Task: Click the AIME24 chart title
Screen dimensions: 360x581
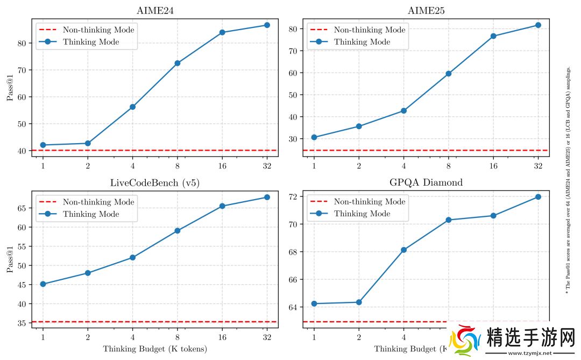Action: point(154,11)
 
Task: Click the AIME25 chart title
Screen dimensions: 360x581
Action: point(426,11)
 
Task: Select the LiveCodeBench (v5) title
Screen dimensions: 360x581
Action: point(154,182)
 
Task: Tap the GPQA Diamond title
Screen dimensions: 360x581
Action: point(426,182)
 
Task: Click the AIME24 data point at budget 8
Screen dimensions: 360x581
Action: point(177,63)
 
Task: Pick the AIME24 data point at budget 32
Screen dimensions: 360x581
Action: point(267,25)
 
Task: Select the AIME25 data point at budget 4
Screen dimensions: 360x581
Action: point(403,111)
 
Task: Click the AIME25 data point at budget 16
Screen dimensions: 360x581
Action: point(493,36)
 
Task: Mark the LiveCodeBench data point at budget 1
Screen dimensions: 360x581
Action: point(42,284)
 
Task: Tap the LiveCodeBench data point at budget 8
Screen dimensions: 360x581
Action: point(177,231)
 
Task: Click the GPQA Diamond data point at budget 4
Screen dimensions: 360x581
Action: point(403,250)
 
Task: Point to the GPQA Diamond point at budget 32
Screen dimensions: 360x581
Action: point(538,197)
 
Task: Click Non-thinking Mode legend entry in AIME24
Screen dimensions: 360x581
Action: point(98,30)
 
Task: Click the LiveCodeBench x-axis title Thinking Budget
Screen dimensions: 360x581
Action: point(154,349)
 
